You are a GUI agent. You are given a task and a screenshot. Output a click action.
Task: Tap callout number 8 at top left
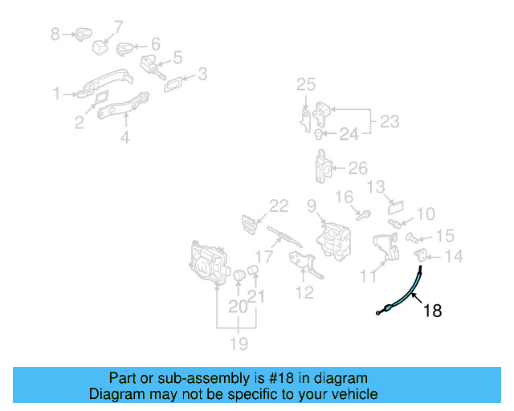pos(55,34)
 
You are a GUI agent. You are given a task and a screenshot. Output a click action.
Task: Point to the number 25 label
pos(306,85)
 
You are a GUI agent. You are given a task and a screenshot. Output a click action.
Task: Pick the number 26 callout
pos(358,169)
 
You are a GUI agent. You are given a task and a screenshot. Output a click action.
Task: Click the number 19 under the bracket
pos(238,344)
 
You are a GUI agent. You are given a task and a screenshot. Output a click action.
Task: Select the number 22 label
pos(278,206)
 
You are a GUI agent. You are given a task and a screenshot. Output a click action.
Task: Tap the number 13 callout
pos(377,188)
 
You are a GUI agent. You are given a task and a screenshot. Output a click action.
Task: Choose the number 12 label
pos(305,292)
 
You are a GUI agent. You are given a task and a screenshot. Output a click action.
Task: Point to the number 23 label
pos(390,121)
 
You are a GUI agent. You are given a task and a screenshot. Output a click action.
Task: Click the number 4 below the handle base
pos(125,138)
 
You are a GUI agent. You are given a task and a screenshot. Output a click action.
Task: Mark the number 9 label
pos(312,205)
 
